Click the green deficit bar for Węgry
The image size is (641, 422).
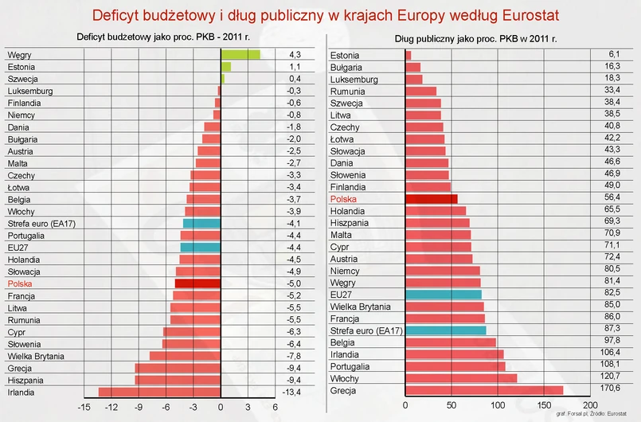pyautogui.click(x=240, y=55)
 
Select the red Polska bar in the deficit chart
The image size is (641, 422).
pyautogui.click(x=197, y=283)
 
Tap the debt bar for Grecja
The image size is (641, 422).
pyautogui.click(x=484, y=390)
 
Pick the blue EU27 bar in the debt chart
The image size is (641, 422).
pyautogui.click(x=444, y=295)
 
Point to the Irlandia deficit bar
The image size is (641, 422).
pyautogui.click(x=159, y=391)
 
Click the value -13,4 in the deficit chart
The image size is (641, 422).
pyautogui.click(x=294, y=391)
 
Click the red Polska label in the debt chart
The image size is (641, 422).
pyautogui.click(x=343, y=199)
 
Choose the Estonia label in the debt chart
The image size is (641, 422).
pyautogui.click(x=345, y=56)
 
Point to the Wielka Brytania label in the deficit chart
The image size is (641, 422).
pyautogui.click(x=36, y=356)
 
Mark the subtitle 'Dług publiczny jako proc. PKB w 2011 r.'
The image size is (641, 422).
pyautogui.click(x=475, y=38)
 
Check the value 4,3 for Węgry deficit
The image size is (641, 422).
pyautogui.click(x=295, y=54)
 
